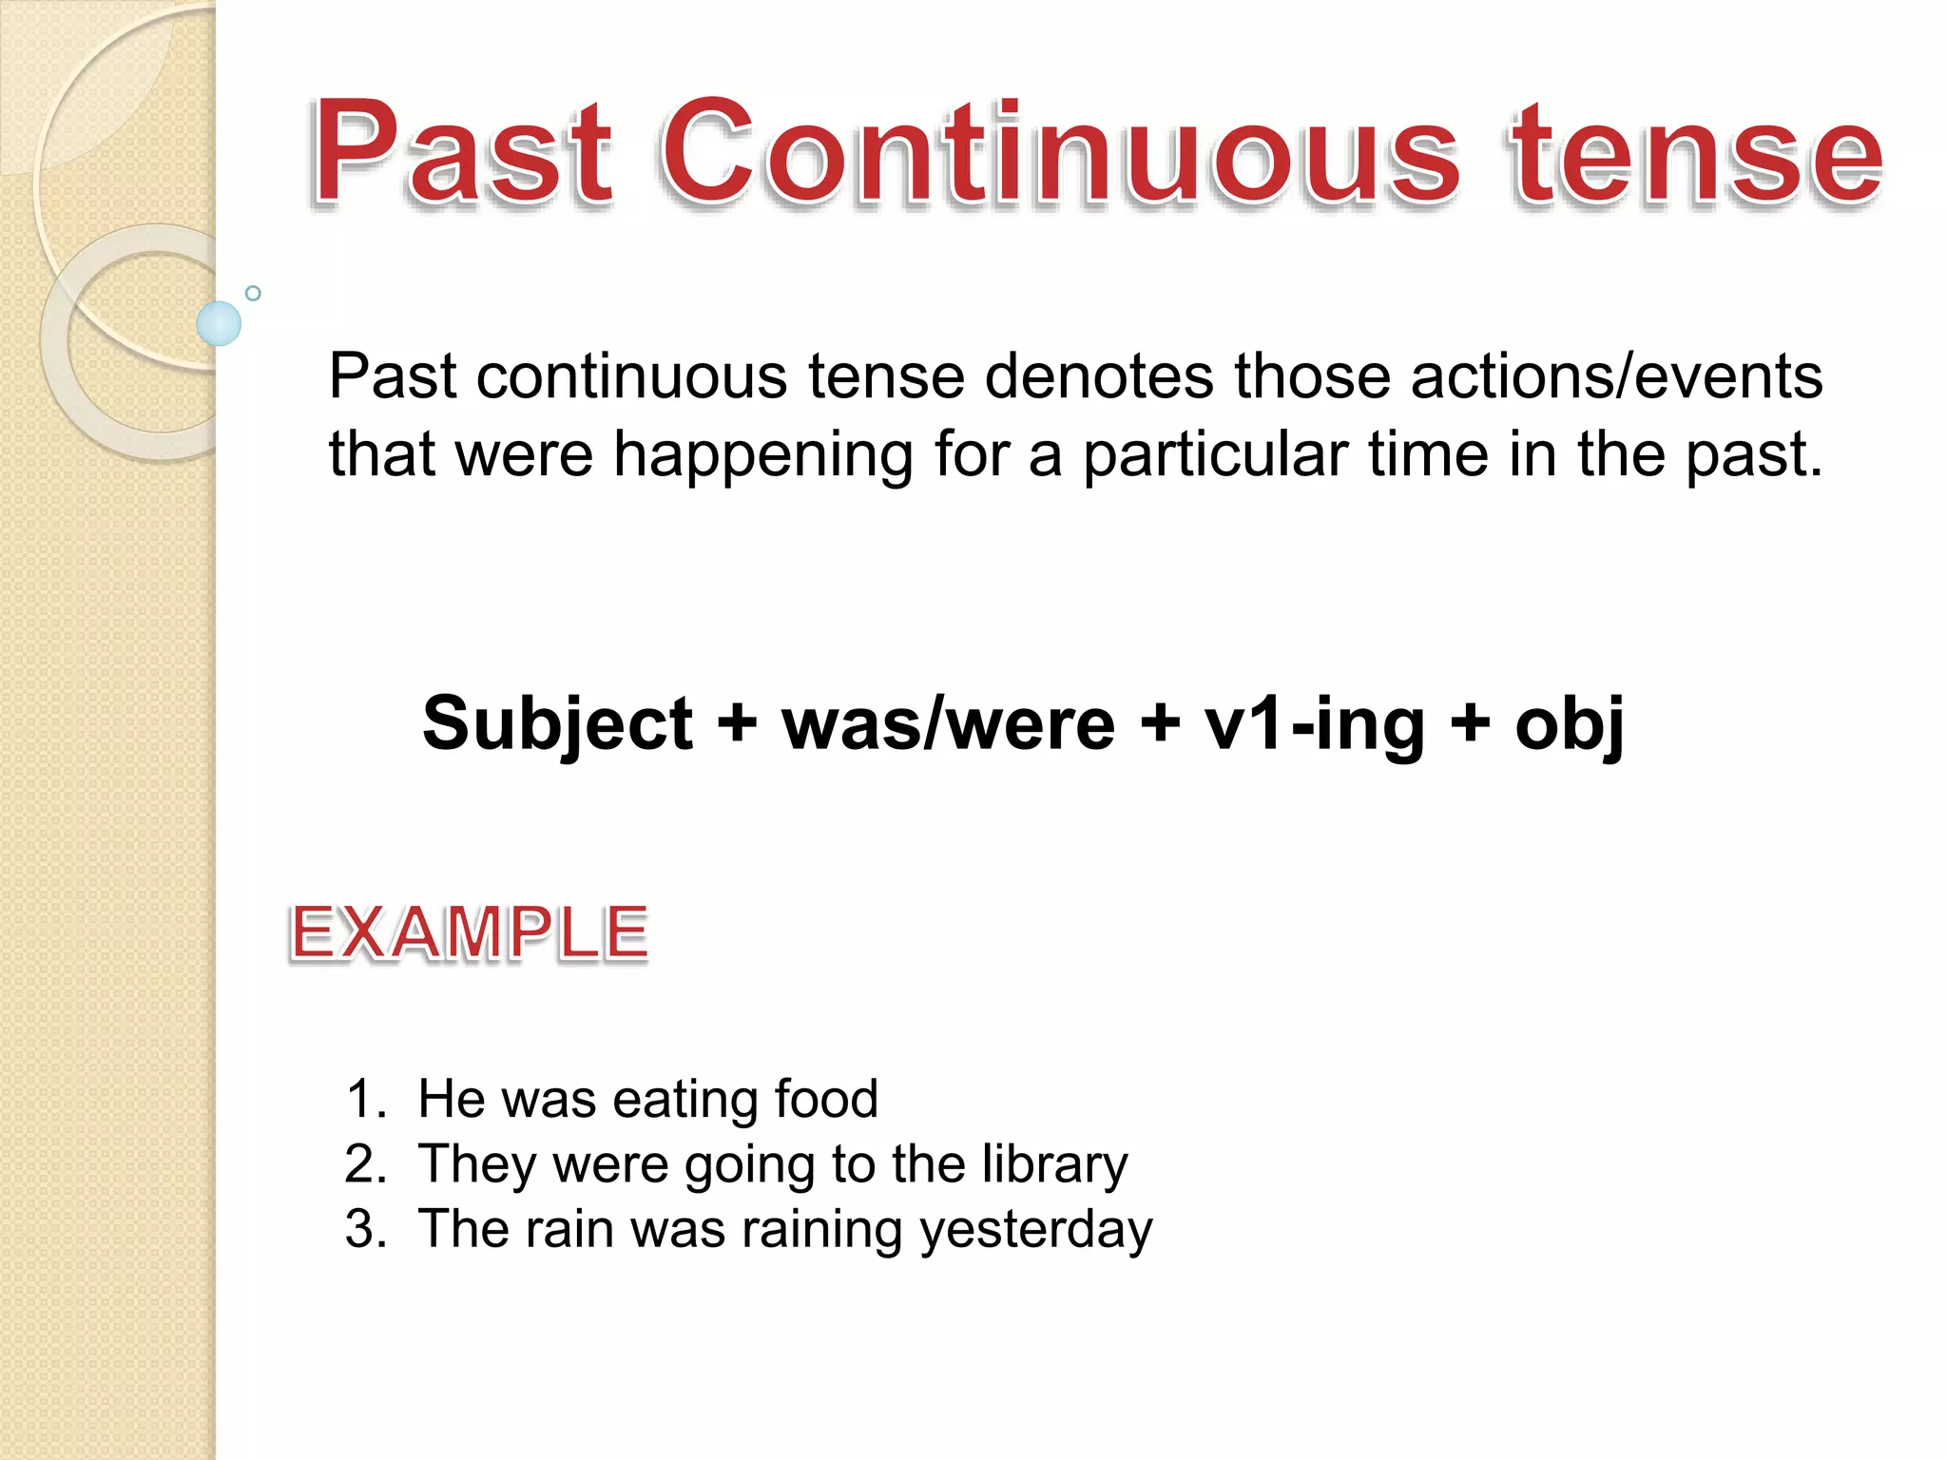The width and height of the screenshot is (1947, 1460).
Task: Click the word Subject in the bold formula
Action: click(558, 724)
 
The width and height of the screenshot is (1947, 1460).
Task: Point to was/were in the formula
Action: click(948, 724)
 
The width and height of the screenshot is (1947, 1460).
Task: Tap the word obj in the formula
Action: click(1570, 724)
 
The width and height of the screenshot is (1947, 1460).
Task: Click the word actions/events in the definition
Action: click(1616, 376)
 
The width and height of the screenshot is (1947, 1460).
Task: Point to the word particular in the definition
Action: click(1215, 454)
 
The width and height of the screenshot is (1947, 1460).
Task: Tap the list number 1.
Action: click(365, 1099)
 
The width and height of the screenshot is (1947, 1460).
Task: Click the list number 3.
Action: click(365, 1229)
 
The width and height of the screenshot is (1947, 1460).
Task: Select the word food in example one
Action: click(825, 1099)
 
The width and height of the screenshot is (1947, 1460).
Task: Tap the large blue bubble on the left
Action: click(219, 323)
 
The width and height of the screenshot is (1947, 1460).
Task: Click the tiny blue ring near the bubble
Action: click(253, 293)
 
